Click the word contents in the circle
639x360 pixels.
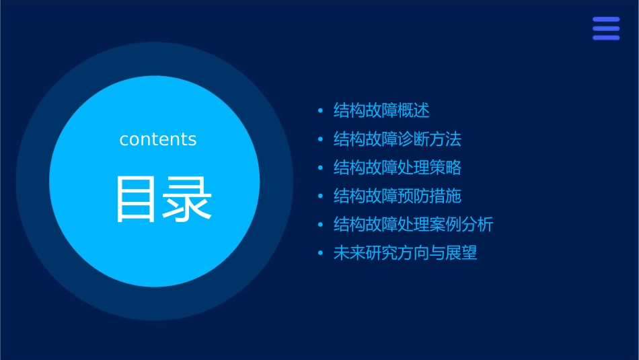[158, 139]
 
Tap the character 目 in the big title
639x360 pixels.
[137, 199]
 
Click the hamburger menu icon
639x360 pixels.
[606, 29]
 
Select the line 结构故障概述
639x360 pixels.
[381, 110]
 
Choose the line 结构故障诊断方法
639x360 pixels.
[398, 139]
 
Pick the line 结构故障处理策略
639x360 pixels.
[398, 168]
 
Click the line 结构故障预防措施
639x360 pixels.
[398, 196]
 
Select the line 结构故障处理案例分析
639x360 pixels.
[414, 225]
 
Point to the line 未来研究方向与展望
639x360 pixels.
[406, 254]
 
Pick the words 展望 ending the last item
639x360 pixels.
[461, 254]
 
